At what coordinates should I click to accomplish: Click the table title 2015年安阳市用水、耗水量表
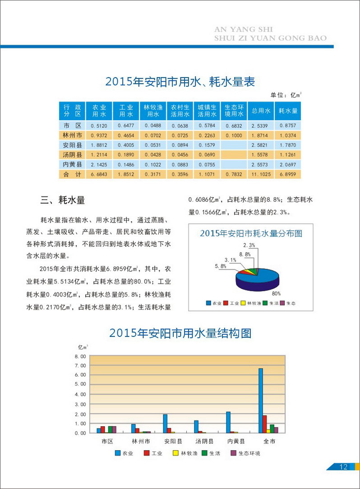pyautogui.click(x=180, y=82)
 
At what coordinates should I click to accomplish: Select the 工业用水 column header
pyautogui.click(x=126, y=111)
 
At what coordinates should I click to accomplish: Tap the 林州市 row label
pyautogui.click(x=72, y=135)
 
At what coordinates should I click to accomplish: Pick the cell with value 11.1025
pyautogui.click(x=260, y=174)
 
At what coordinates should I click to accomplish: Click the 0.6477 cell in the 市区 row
pyautogui.click(x=126, y=125)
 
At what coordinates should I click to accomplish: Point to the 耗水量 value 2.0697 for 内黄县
pyautogui.click(x=287, y=164)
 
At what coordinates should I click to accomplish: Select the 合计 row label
pyautogui.click(x=72, y=174)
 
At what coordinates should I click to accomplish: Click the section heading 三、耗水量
pyautogui.click(x=63, y=200)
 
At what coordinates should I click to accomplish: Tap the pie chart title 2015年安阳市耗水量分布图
pyautogui.click(x=251, y=233)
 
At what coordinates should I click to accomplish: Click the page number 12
pyautogui.click(x=343, y=467)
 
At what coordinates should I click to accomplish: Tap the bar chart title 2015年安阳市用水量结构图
pyautogui.click(x=180, y=333)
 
